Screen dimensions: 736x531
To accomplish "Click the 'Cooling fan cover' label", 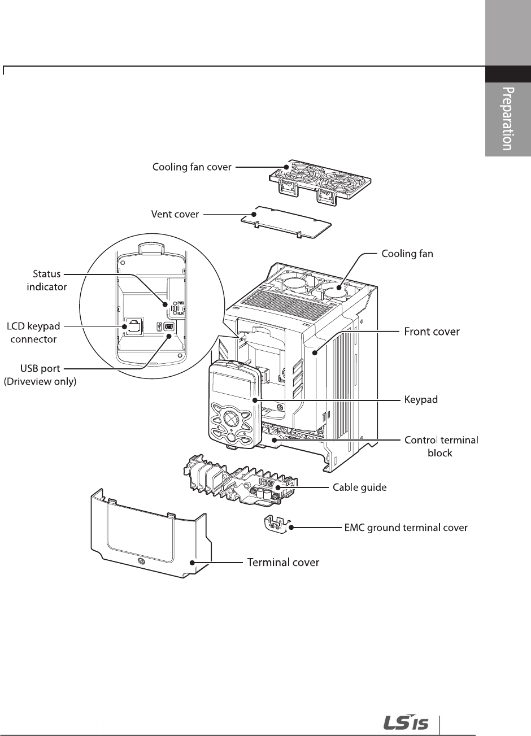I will [191, 167].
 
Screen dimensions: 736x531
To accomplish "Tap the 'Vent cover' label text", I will [175, 215].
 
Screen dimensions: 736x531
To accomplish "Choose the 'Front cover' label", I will [432, 332].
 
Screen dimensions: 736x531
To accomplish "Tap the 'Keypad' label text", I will [421, 399].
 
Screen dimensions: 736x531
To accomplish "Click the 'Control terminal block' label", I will [441, 446].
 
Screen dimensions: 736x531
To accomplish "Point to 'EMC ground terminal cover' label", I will [406, 528].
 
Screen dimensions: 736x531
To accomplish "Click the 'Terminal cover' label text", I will [284, 562].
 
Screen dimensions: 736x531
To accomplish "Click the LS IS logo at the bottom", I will [406, 722].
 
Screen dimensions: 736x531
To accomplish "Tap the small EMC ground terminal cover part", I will [277, 522].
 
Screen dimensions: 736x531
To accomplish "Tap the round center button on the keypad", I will [230, 419].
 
